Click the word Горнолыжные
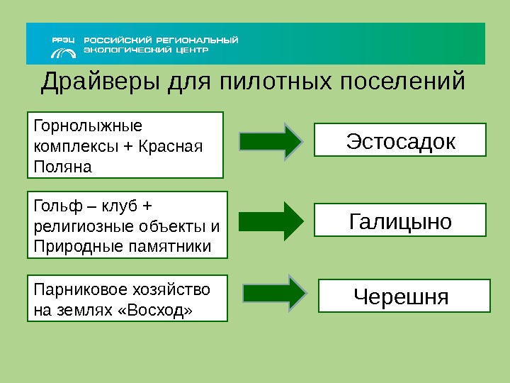[88, 126]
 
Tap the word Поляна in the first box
[63, 167]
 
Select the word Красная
[171, 147]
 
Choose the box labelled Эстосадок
[400, 140]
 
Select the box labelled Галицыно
[400, 221]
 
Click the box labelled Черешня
[404, 296]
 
